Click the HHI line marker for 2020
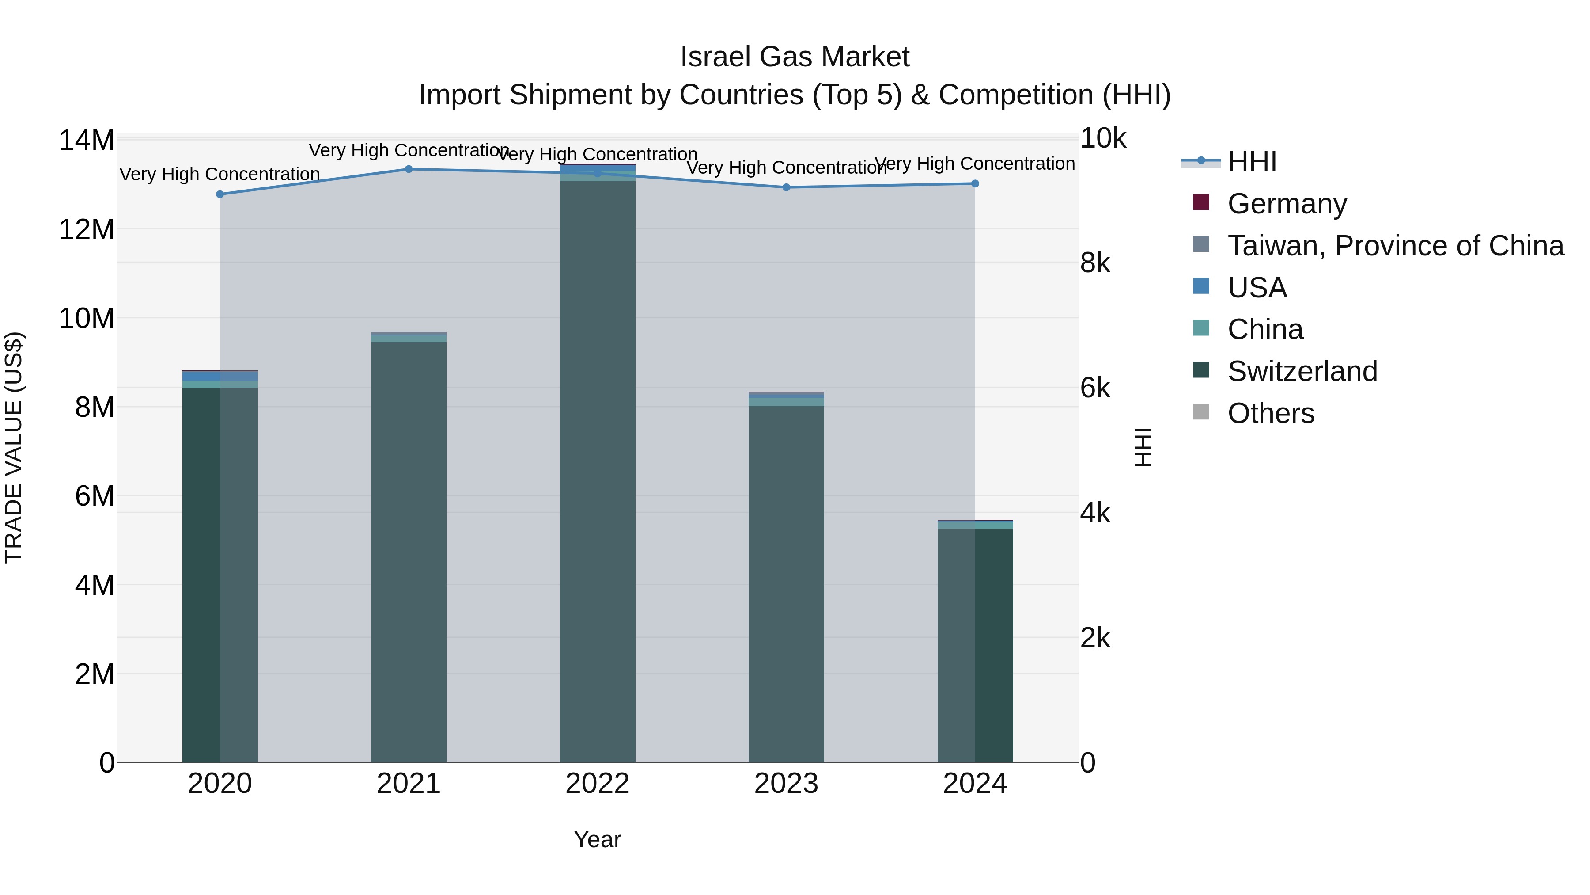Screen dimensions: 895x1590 point(220,194)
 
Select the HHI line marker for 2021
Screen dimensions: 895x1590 point(409,169)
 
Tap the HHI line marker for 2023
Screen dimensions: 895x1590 point(786,187)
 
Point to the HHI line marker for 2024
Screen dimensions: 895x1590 point(975,183)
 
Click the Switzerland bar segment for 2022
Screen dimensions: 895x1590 point(598,469)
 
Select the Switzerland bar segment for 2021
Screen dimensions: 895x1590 point(409,550)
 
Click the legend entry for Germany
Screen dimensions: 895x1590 point(1287,204)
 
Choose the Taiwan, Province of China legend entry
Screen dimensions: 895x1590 point(1395,246)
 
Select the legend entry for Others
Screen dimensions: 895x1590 point(1270,413)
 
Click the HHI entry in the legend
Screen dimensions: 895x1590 point(1252,162)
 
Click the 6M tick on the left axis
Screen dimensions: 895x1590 point(95,496)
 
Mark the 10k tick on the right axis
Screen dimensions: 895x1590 point(1103,138)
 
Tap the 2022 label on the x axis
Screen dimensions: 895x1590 point(598,784)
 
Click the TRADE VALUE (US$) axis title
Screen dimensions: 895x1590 point(14,447)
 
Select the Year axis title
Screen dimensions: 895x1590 point(598,839)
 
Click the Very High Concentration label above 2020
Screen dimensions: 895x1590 point(220,174)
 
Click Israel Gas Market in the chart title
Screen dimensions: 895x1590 point(795,57)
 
